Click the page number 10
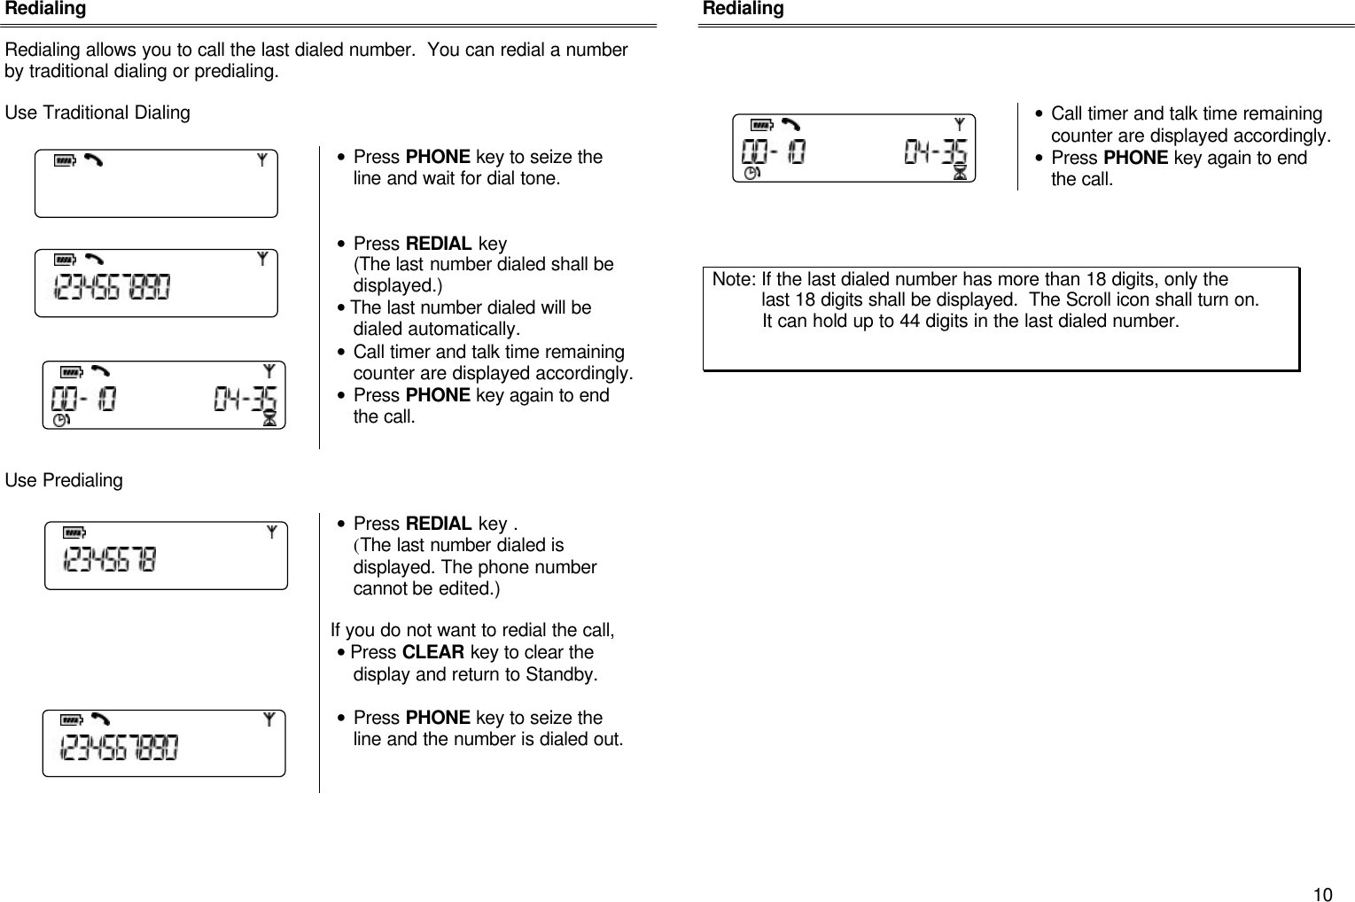(1321, 894)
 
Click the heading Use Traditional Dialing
(97, 113)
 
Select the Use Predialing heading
(64, 480)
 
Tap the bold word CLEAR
(432, 652)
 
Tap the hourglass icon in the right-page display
(960, 174)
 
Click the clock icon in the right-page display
(751, 175)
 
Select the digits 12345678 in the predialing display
(109, 560)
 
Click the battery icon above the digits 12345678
(74, 533)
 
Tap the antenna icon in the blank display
(262, 160)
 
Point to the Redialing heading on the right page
(743, 9)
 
